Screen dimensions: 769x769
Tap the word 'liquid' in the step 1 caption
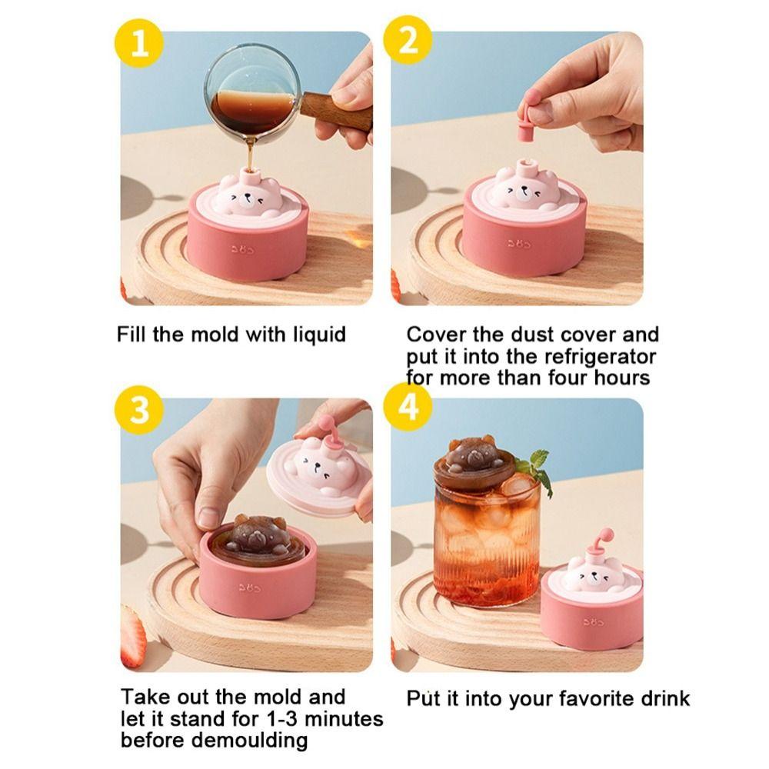click(318, 335)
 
